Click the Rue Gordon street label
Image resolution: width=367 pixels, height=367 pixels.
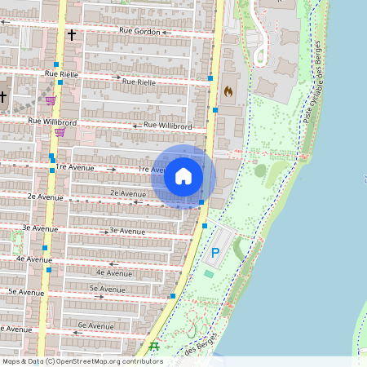pyautogui.click(x=136, y=31)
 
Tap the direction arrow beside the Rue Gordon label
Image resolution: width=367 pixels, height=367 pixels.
pyautogui.click(x=164, y=33)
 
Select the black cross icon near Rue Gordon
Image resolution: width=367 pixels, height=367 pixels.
pyautogui.click(x=72, y=35)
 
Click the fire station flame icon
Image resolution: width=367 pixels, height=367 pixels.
pyautogui.click(x=228, y=92)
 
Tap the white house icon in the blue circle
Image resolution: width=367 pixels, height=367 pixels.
pyautogui.click(x=183, y=176)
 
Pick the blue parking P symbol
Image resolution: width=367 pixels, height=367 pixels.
pyautogui.click(x=215, y=253)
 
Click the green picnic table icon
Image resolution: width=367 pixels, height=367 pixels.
pyautogui.click(x=153, y=347)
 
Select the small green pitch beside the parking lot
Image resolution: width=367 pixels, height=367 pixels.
pyautogui.click(x=210, y=273)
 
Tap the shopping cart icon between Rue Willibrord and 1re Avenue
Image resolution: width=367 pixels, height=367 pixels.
pyautogui.click(x=59, y=131)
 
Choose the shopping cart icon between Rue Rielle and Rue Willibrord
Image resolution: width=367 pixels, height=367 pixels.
pyautogui.click(x=51, y=100)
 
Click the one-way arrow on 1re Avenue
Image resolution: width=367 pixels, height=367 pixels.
pyautogui.click(x=112, y=170)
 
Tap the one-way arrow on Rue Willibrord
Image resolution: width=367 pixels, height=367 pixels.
pyautogui.click(x=135, y=126)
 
